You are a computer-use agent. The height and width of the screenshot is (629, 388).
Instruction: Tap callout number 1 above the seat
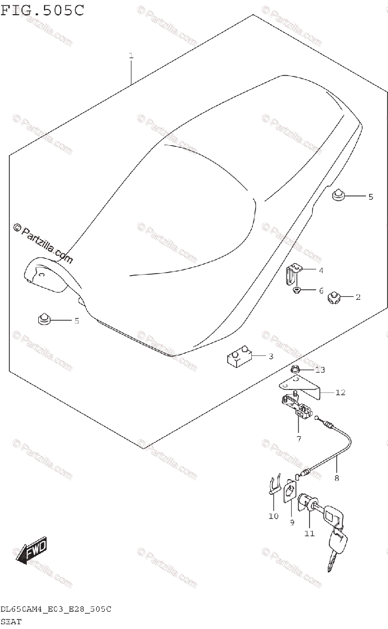click(131, 56)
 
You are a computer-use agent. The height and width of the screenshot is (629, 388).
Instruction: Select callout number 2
click(358, 297)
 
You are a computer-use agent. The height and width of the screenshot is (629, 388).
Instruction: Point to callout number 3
click(270, 356)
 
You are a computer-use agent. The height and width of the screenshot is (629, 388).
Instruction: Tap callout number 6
click(321, 290)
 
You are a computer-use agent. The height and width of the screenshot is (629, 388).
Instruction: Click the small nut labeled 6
click(296, 289)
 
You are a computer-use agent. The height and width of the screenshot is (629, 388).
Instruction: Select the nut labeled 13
click(295, 369)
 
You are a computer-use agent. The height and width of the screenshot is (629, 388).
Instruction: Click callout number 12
click(340, 392)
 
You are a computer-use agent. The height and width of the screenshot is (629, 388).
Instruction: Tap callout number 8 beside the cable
click(337, 478)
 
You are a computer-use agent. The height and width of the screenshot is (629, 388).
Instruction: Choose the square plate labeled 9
click(290, 493)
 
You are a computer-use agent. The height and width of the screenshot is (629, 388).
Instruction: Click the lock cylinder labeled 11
click(305, 504)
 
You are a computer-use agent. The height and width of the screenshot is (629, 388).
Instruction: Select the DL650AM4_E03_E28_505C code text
click(56, 610)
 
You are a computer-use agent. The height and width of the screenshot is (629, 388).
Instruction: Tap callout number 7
click(298, 438)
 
